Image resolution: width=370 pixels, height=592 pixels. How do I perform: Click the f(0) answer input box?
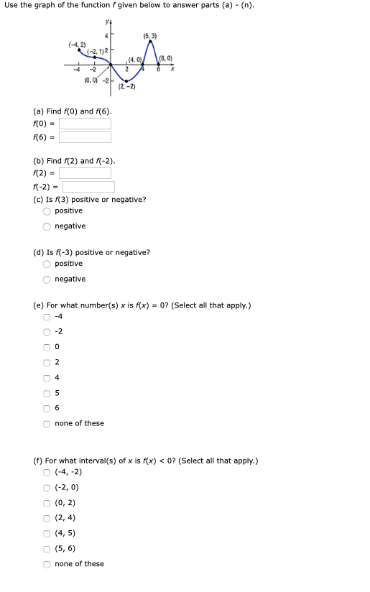point(85,124)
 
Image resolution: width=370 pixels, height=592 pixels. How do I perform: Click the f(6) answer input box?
point(85,137)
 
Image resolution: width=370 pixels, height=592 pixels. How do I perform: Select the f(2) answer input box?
point(85,173)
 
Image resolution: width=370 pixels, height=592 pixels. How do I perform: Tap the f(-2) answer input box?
point(88,187)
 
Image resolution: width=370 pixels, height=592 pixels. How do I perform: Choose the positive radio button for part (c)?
point(47,211)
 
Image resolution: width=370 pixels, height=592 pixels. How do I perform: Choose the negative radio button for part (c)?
point(47,226)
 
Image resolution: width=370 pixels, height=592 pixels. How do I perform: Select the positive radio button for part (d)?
point(47,264)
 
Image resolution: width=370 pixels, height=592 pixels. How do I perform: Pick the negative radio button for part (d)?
point(47,279)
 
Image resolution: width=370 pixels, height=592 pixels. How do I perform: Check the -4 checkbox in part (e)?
point(47,317)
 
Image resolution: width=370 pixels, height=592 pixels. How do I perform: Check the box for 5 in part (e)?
point(47,393)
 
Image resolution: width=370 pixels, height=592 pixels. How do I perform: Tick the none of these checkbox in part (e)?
point(47,424)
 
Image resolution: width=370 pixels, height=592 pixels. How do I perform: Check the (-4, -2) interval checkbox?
point(47,472)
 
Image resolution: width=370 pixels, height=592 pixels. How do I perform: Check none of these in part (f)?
point(47,564)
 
